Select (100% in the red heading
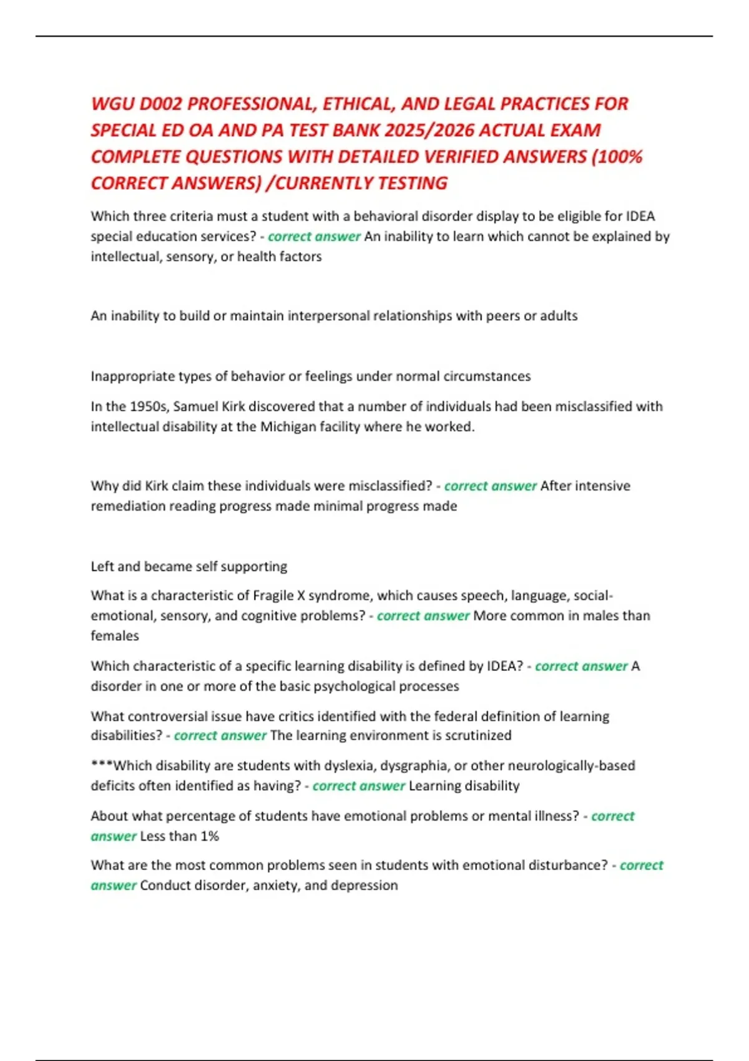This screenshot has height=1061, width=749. tap(617, 157)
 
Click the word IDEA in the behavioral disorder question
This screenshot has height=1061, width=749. tap(640, 216)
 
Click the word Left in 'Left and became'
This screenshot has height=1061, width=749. tap(102, 567)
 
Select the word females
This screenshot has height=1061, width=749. tap(115, 636)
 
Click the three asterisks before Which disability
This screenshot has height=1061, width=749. tap(102, 765)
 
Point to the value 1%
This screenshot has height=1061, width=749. tap(210, 836)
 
